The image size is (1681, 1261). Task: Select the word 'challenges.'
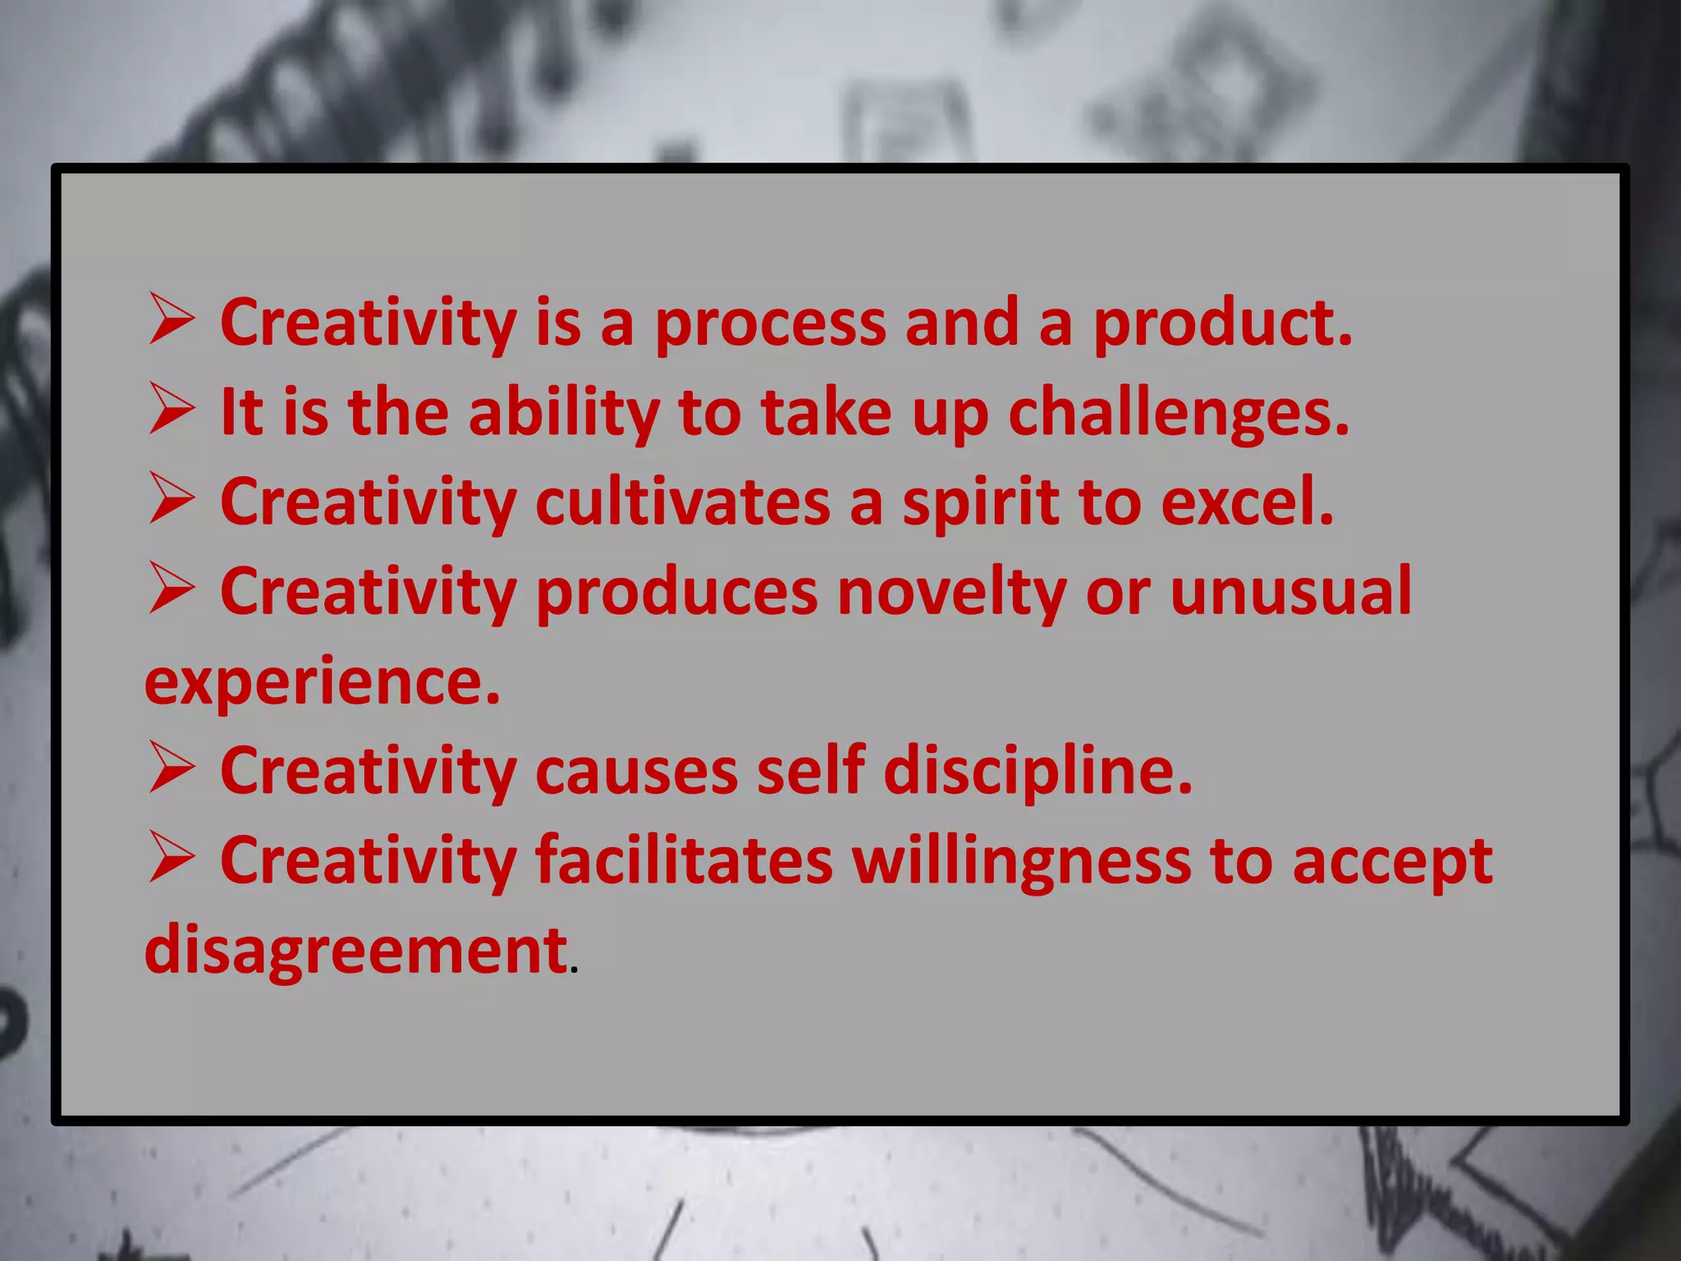1179,414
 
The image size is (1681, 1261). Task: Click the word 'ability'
564,414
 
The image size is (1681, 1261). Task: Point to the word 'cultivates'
682,503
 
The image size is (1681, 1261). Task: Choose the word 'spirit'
982,503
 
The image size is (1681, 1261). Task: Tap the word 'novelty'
951,593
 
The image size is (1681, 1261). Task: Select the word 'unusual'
1290,591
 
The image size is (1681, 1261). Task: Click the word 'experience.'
322,683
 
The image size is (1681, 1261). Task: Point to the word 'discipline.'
1037,772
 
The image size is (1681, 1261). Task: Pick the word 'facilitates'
684,861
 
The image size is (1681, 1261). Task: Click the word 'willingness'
1021,863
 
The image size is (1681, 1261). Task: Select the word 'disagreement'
355,951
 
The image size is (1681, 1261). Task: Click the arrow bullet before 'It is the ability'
172,411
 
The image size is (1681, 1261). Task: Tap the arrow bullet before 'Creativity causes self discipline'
172,770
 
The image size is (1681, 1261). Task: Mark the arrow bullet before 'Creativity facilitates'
172,860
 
